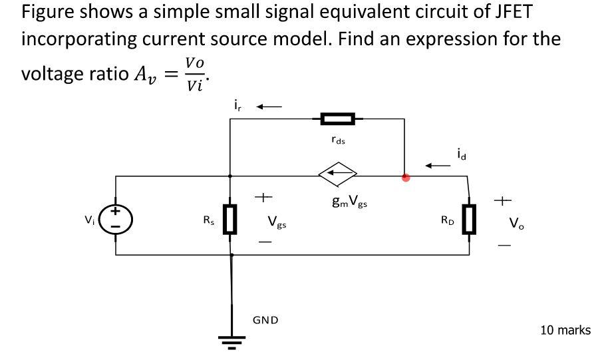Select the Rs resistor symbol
(x=230, y=220)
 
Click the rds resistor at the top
(x=338, y=119)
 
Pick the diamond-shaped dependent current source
(x=338, y=176)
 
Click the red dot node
(x=406, y=177)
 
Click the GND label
(x=265, y=320)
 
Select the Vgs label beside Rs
(x=277, y=222)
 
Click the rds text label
(x=338, y=140)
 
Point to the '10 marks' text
(x=565, y=330)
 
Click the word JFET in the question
(x=509, y=13)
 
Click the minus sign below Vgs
(x=265, y=243)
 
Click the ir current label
(x=237, y=105)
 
